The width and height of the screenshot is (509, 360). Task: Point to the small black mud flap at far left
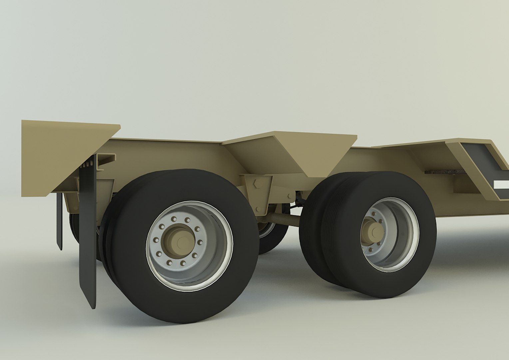tap(59, 220)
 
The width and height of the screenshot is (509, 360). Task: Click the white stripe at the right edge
tap(502, 185)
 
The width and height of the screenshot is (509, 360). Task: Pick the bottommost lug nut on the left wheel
tap(183, 263)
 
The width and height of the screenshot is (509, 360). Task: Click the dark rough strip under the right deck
tap(445, 172)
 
